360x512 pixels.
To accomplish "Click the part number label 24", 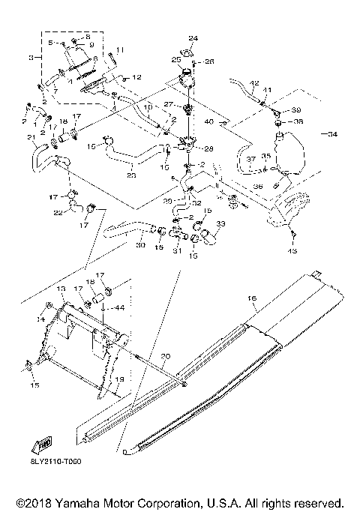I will coord(192,37).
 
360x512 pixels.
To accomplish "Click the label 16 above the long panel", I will coord(253,298).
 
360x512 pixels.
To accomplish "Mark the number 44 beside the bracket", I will coord(121,307).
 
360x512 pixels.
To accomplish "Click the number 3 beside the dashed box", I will coord(31,57).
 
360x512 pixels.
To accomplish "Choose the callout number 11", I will coord(121,49).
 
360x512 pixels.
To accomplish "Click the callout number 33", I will coord(220,223).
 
